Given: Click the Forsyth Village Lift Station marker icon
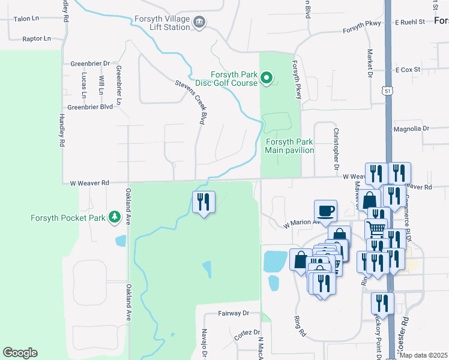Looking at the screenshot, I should [x=200, y=23].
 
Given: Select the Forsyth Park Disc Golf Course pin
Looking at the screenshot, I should [x=268, y=79].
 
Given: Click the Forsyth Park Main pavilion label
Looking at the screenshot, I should [x=289, y=146].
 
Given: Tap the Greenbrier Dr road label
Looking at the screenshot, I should [x=90, y=63].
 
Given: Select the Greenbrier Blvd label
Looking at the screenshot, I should [x=90, y=107].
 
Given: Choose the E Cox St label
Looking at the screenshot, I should [x=408, y=70].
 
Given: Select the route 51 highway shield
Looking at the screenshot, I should [x=388, y=91].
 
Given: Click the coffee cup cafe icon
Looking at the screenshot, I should [x=326, y=211].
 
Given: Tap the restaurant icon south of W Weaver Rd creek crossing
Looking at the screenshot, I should [x=203, y=202].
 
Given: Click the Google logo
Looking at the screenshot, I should [x=20, y=353].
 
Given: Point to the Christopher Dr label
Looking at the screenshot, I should [x=337, y=148].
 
